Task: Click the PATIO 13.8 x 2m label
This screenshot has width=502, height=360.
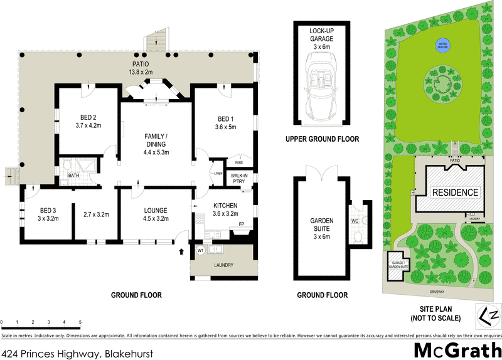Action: click(x=142, y=68)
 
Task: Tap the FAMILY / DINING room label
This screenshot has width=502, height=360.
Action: click(x=157, y=144)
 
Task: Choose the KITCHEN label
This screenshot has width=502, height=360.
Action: click(x=225, y=209)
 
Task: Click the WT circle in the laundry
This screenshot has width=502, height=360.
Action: click(x=201, y=250)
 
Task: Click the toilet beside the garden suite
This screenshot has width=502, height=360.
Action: click(x=356, y=234)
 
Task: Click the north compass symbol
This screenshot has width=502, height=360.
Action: click(x=489, y=315)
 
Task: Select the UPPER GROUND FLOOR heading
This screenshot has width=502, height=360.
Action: click(x=322, y=139)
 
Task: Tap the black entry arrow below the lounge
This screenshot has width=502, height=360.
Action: click(x=183, y=252)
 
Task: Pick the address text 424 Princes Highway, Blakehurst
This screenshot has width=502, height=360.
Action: click(x=77, y=353)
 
